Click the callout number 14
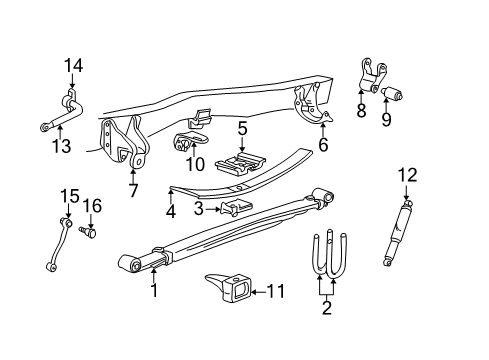click(73, 65)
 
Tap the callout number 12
click(407, 175)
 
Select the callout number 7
click(133, 190)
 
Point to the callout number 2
click(327, 307)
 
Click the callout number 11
click(275, 291)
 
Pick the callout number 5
click(242, 129)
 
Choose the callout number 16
click(92, 206)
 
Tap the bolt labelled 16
click(88, 232)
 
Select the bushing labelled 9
click(392, 93)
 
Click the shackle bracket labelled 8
click(371, 76)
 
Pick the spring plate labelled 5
click(241, 164)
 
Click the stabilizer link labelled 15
click(59, 243)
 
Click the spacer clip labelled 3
click(235, 207)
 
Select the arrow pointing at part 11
click(258, 292)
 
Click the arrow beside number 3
click(213, 209)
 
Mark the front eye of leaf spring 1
click(130, 264)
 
